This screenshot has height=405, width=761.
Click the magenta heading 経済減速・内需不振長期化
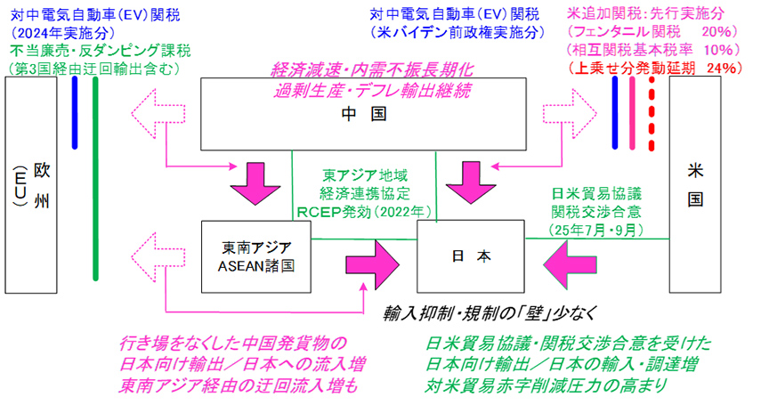click(x=373, y=69)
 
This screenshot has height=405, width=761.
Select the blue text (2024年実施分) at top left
click(x=55, y=32)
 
